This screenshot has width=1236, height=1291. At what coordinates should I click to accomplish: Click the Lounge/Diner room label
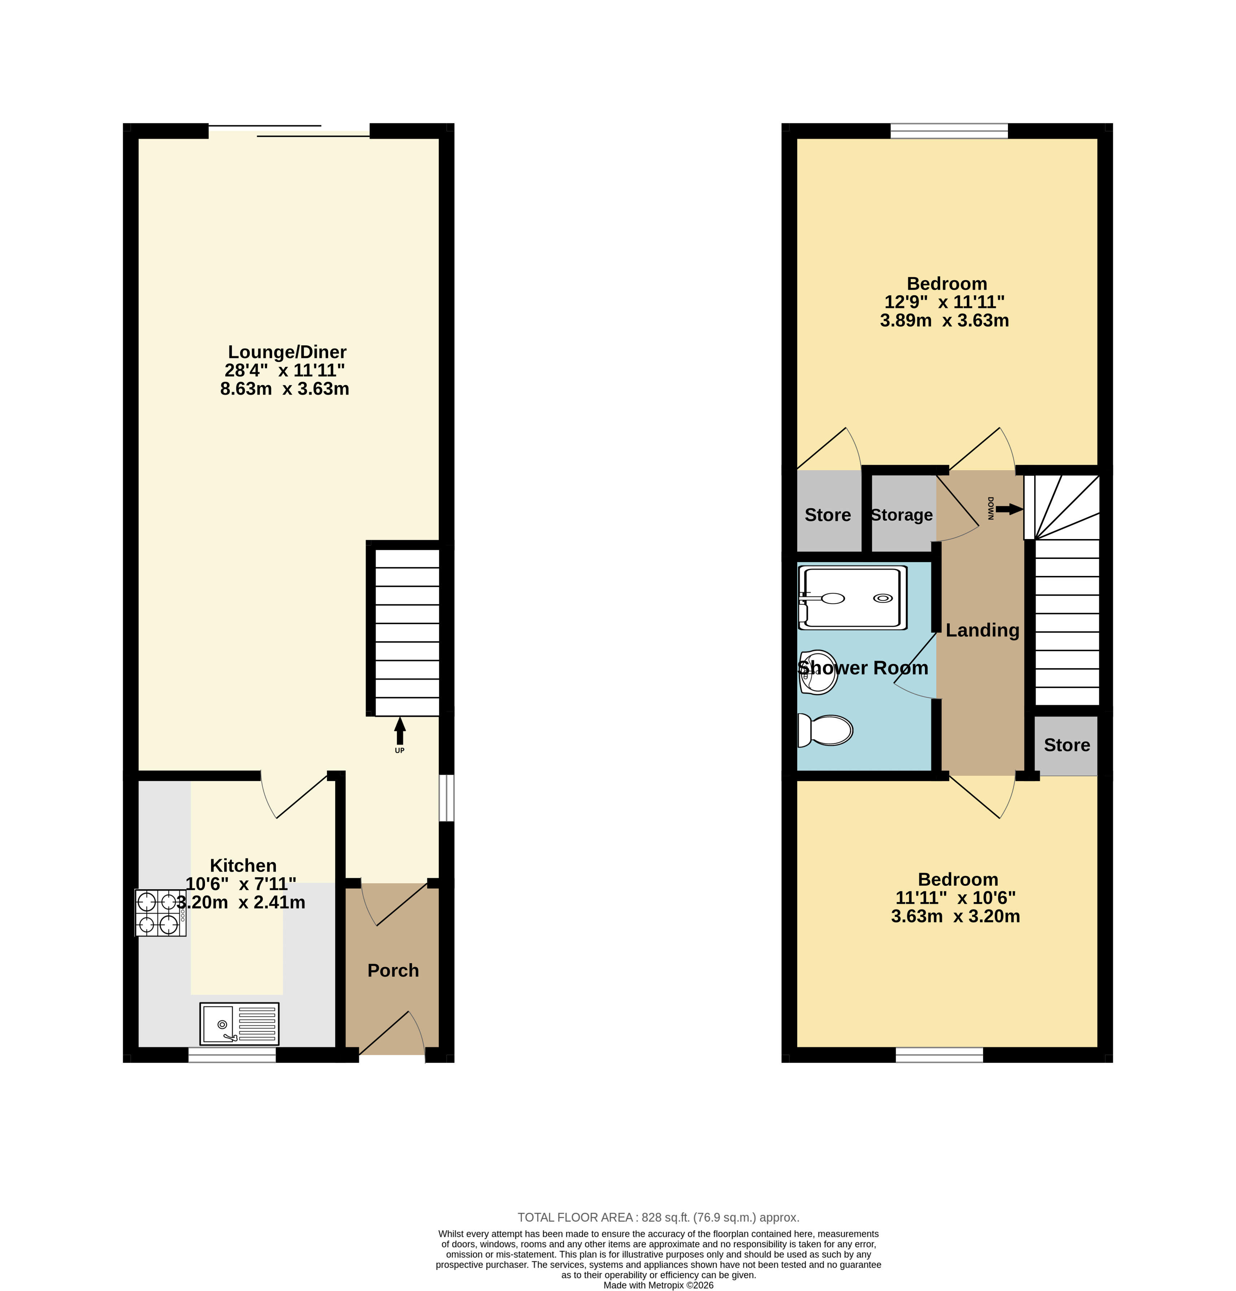coord(287,353)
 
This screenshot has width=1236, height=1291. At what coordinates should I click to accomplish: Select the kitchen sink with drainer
coord(239,1024)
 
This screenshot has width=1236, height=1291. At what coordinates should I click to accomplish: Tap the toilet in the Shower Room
coord(825,730)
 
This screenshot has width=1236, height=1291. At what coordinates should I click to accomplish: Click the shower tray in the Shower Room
coord(852,598)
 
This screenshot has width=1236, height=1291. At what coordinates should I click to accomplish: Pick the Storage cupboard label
coord(901,515)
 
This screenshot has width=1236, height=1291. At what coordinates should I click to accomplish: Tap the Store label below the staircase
coord(1067,745)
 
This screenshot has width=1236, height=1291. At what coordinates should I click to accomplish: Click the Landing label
coord(982,630)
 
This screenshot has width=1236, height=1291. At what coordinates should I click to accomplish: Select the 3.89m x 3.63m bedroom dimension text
coord(944,321)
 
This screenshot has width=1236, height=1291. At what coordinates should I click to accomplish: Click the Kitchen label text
coord(243,866)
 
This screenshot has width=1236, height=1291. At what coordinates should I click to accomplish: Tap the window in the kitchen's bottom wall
coord(232,1055)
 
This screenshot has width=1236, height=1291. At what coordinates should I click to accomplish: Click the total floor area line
coord(658,1218)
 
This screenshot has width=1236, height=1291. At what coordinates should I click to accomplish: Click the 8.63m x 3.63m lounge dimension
coord(285,389)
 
